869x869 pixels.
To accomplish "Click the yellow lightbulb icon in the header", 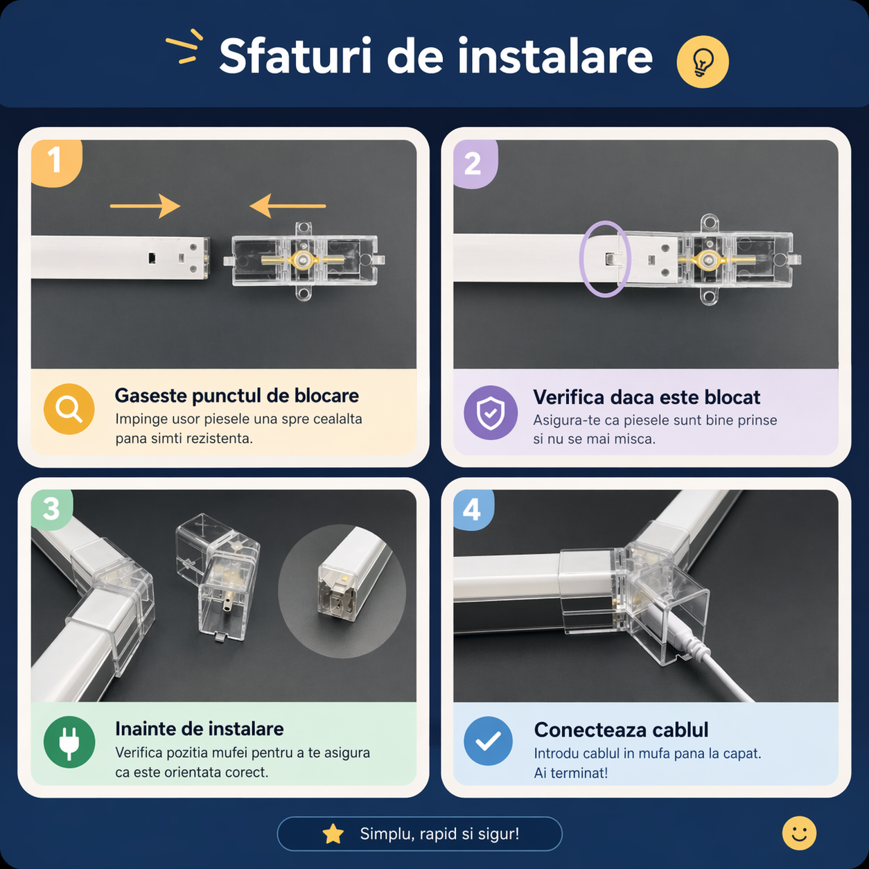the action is point(702,62).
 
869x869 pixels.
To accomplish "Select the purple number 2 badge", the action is point(475,164).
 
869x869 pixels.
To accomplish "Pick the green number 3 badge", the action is point(51,509).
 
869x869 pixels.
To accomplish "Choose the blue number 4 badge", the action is point(473,510).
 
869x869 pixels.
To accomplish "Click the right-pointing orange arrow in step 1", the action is point(146,206).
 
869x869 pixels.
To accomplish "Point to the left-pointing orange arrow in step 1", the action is point(288,206).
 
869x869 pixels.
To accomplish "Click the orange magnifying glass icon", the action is point(69,409).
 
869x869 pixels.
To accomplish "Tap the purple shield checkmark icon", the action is point(491,412).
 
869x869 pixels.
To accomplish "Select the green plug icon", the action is point(69,741).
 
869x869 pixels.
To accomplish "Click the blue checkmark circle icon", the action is point(489,741).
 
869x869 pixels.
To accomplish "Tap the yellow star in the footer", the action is point(333,834).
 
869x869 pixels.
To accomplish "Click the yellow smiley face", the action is point(799,833).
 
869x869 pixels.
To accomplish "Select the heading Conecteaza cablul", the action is point(621,730).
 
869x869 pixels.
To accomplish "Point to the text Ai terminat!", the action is point(570,773).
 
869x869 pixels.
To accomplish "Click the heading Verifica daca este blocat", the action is point(647,397).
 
